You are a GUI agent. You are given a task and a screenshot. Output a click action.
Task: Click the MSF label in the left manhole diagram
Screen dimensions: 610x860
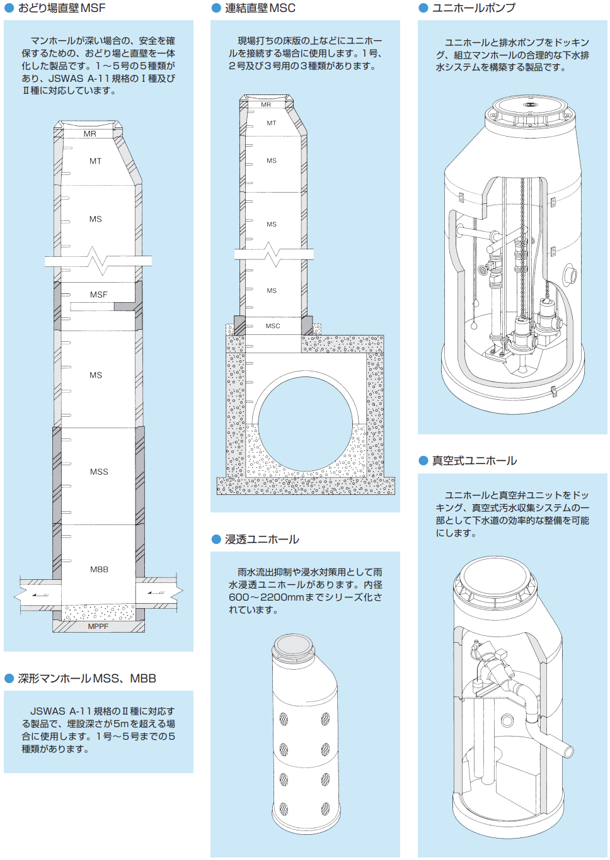click(x=98, y=295)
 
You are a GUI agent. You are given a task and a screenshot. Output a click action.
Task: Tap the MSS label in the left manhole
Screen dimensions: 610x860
click(x=99, y=472)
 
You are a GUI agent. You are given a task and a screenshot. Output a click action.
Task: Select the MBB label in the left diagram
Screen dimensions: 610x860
click(x=99, y=569)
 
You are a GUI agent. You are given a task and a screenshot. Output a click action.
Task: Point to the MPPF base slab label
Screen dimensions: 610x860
click(x=98, y=626)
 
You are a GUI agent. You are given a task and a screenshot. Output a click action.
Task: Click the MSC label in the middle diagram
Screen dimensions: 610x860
click(x=272, y=326)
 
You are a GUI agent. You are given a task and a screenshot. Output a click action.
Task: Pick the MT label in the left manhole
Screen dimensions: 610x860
click(x=95, y=161)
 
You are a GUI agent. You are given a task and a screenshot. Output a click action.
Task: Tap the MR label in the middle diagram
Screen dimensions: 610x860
click(x=265, y=105)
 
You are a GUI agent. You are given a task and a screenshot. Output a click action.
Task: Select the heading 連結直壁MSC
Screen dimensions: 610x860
click(x=260, y=8)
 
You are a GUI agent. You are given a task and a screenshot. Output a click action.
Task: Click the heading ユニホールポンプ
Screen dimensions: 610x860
click(x=473, y=8)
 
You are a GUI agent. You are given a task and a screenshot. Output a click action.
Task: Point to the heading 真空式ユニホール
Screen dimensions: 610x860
click(x=475, y=461)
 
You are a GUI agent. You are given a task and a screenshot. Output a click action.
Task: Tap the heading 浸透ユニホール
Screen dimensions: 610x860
click(x=262, y=540)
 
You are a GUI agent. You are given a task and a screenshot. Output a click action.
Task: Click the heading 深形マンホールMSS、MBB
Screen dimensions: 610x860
click(x=87, y=679)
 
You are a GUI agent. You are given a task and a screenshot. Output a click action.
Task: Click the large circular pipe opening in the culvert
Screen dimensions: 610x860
click(x=306, y=424)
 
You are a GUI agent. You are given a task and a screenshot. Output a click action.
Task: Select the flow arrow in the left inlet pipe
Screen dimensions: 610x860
click(x=40, y=595)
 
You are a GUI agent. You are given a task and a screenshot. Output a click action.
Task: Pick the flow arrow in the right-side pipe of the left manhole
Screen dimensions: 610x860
click(x=156, y=593)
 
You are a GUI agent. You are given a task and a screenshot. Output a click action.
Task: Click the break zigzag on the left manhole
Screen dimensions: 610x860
click(x=98, y=261)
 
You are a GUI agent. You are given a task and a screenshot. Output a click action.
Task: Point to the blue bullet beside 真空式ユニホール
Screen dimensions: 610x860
click(x=423, y=461)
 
